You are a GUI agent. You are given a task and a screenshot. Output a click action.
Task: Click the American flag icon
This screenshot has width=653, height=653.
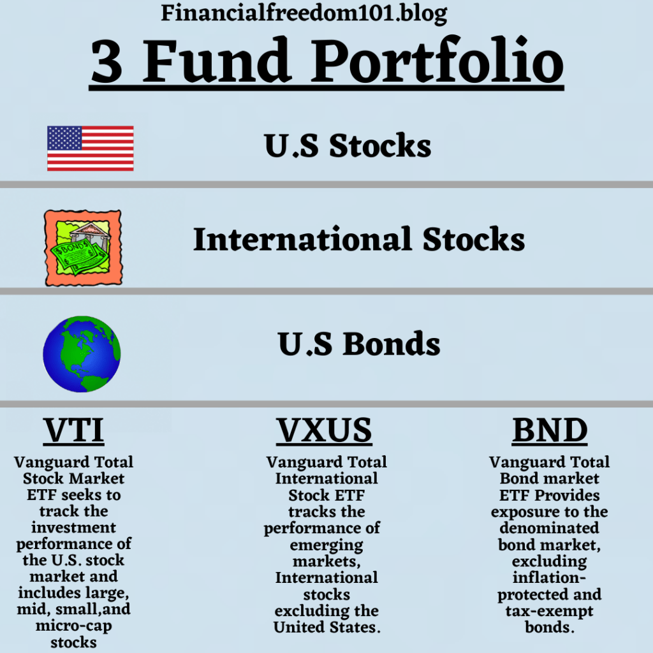pyautogui.click(x=91, y=148)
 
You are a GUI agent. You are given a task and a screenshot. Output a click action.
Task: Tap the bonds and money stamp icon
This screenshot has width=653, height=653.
pyautogui.click(x=82, y=247)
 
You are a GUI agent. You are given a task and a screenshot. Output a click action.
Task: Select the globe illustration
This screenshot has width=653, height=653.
pyautogui.click(x=81, y=353)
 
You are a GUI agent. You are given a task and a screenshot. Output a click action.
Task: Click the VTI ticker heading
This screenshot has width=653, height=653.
pyautogui.click(x=73, y=431)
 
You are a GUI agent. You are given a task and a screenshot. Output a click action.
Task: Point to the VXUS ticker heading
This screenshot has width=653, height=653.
pyautogui.click(x=324, y=431)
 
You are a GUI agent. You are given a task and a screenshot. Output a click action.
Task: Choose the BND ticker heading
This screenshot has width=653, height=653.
pyautogui.click(x=550, y=431)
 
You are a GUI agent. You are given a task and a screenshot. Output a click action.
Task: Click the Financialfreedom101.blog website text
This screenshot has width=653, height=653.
pyautogui.click(x=304, y=12)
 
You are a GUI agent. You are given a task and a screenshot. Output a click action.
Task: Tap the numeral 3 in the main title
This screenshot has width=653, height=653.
pyautogui.click(x=107, y=62)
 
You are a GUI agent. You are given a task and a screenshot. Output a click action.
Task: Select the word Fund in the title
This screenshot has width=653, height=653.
pyautogui.click(x=217, y=62)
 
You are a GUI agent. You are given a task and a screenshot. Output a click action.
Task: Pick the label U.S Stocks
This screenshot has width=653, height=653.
pyautogui.click(x=348, y=146)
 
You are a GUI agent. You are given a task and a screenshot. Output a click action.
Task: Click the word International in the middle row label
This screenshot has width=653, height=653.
pyautogui.click(x=302, y=240)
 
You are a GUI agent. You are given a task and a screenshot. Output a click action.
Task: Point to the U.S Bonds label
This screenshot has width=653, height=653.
pyautogui.click(x=359, y=344)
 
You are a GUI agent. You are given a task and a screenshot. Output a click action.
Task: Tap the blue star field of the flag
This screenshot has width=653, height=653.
pyautogui.click(x=64, y=137)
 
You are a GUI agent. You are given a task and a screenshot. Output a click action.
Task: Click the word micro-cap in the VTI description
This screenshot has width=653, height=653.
pyautogui.click(x=73, y=626)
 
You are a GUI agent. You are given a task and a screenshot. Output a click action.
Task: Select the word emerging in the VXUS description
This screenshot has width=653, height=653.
pyautogui.click(x=326, y=545)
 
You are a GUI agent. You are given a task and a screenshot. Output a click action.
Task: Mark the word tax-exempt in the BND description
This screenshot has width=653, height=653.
pyautogui.click(x=549, y=611)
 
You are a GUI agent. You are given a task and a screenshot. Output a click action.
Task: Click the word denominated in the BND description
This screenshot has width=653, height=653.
pyautogui.click(x=549, y=528)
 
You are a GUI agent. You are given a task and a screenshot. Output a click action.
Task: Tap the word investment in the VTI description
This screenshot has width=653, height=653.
pyautogui.click(x=73, y=528)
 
